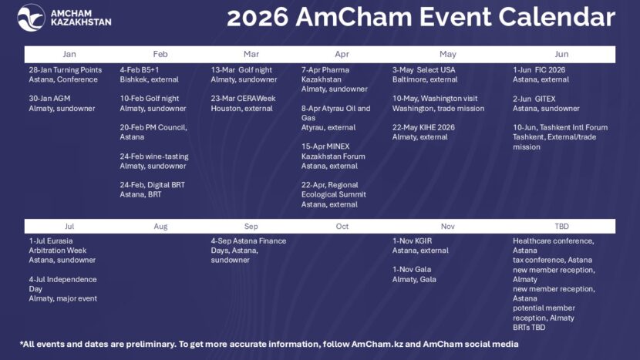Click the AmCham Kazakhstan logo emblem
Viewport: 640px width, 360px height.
tap(31, 17)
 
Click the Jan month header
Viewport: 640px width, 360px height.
tap(69, 55)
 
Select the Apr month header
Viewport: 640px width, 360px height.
tap(342, 55)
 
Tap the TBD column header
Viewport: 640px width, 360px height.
tap(562, 227)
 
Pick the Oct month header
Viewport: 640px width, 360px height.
tap(342, 227)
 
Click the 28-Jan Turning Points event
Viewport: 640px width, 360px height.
tap(66, 75)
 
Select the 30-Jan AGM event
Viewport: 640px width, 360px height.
tap(62, 103)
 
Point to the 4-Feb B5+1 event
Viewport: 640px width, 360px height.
tap(150, 75)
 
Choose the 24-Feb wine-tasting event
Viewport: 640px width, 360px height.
tap(154, 161)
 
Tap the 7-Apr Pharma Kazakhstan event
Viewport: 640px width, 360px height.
tap(335, 79)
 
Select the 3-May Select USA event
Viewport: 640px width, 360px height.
tap(424, 75)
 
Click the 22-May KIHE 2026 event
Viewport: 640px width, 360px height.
tap(423, 132)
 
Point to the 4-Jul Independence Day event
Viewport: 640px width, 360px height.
tap(63, 288)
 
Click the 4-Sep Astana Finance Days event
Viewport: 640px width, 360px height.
tap(248, 251)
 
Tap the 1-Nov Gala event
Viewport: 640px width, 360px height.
tap(414, 274)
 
